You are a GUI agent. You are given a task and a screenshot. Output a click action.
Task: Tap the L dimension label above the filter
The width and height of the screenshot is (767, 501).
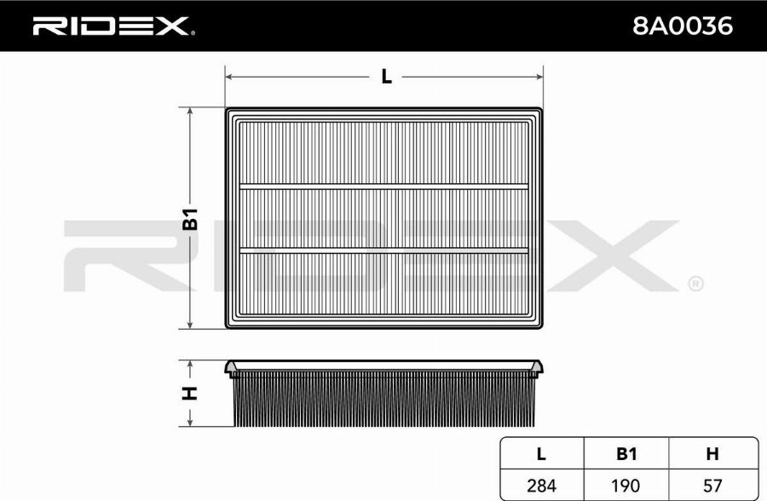tap(386, 77)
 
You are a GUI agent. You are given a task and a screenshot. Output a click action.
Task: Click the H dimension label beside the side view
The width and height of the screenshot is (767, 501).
tap(190, 393)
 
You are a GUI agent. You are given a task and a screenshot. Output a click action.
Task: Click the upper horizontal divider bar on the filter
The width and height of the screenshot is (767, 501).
tap(383, 186)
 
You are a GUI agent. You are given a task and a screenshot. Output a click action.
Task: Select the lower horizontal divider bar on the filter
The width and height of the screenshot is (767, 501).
tap(383, 250)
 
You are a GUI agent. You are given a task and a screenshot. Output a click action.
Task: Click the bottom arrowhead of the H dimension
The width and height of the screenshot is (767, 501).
tap(190, 422)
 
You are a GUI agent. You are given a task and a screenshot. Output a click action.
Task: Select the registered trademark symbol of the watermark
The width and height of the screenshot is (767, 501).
tap(695, 283)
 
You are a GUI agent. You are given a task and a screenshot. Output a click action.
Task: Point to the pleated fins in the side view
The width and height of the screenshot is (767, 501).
tap(383, 400)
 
